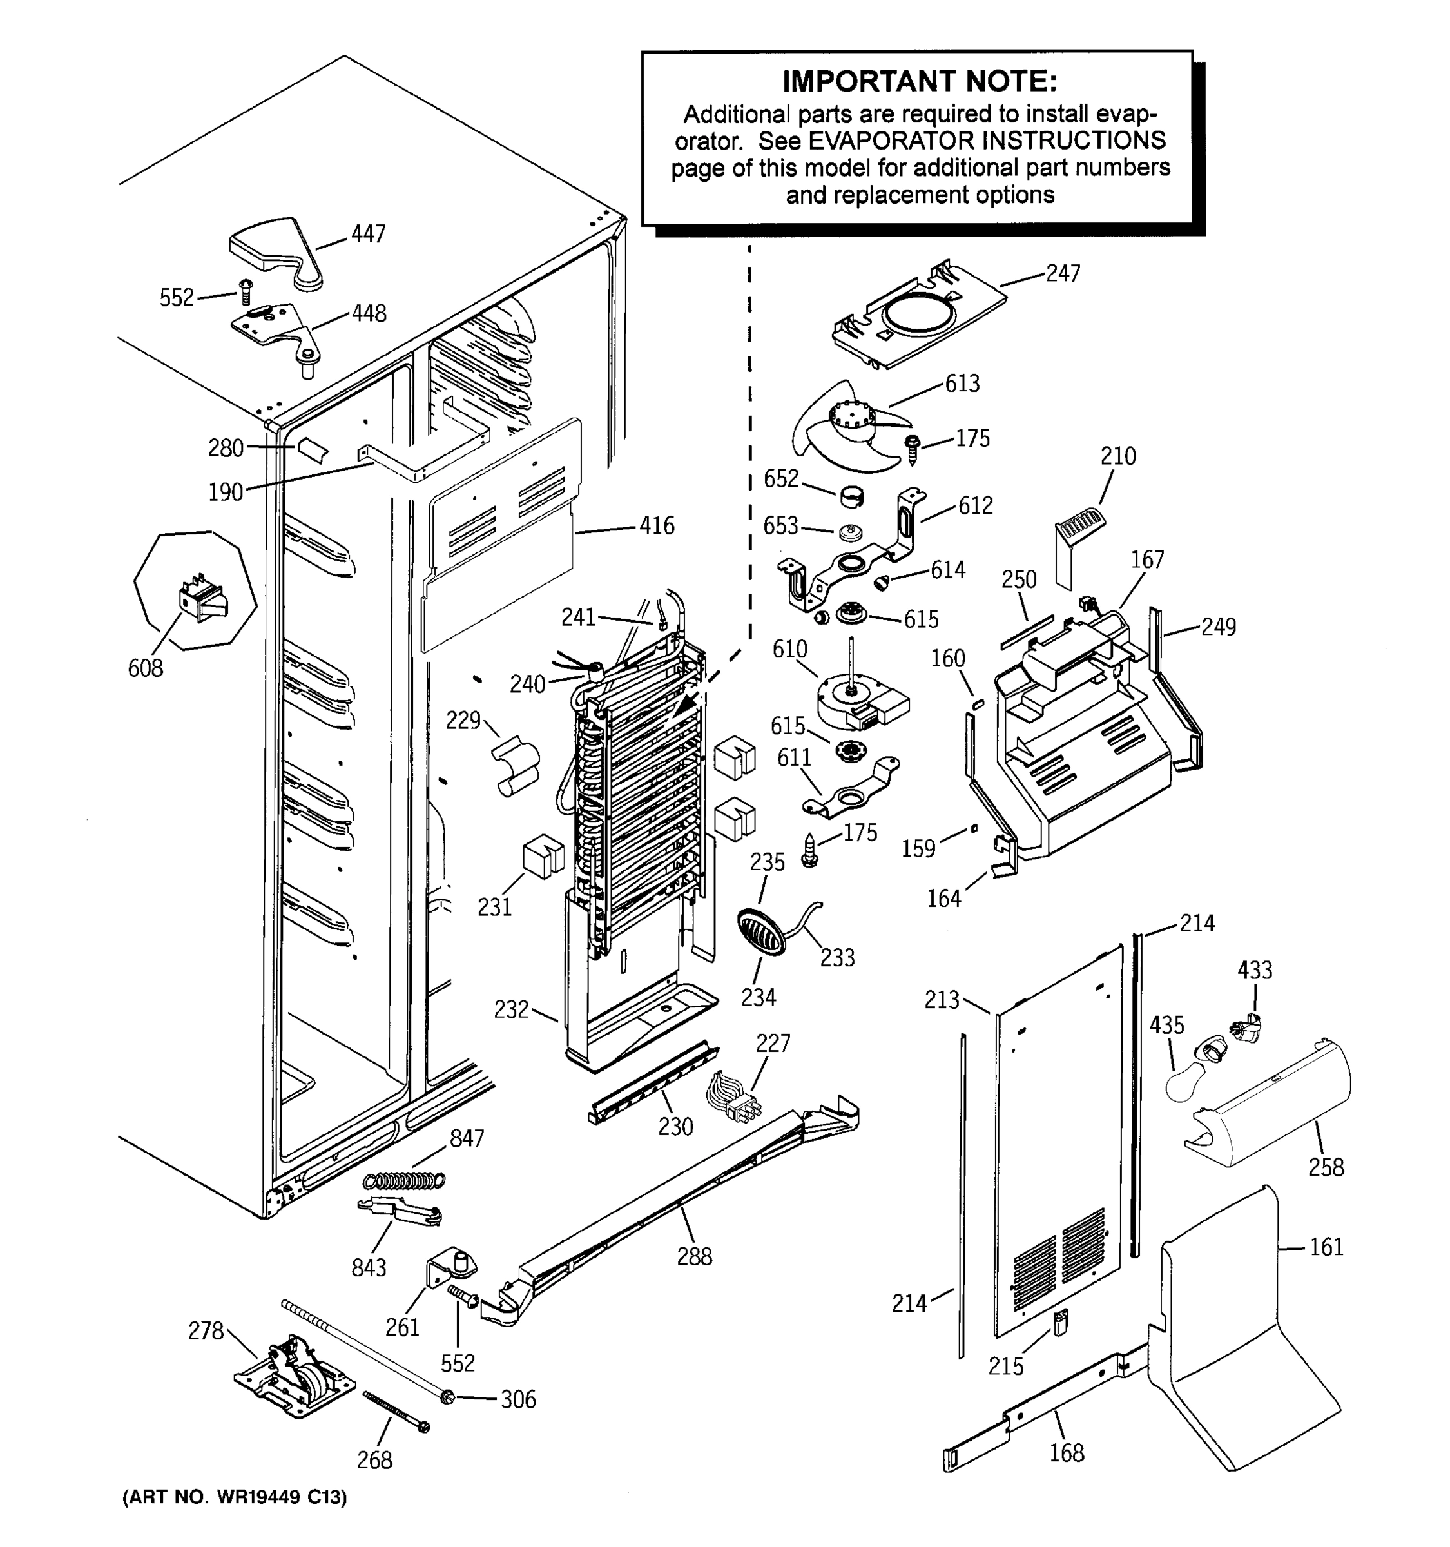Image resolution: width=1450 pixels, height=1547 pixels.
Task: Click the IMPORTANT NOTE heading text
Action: tap(920, 81)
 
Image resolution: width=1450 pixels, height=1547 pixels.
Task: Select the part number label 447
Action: tap(368, 233)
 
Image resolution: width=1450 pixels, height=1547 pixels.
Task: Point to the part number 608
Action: tap(146, 668)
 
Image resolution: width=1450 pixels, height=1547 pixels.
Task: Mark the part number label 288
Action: tap(694, 1256)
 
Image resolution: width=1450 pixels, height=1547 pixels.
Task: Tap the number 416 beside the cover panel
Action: tap(657, 526)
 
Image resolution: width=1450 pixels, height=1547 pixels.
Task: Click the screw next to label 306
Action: tap(447, 1397)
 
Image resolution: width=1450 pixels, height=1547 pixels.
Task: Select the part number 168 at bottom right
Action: tap(1066, 1452)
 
